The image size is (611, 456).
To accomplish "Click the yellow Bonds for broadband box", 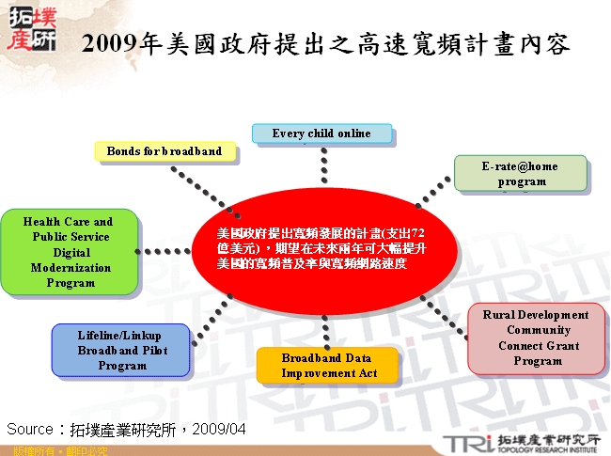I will click(164, 151).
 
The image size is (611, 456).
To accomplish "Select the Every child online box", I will click(321, 134).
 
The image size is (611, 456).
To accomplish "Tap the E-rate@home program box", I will click(521, 174).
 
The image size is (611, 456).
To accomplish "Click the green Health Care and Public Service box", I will click(70, 252).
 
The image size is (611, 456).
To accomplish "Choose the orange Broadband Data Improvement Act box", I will click(326, 366).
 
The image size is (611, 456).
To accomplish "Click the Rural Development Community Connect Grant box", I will click(537, 338).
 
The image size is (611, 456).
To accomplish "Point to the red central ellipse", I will click(324, 250).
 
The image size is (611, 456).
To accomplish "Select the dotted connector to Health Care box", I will click(166, 251).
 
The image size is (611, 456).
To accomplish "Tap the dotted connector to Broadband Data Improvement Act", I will click(324, 330).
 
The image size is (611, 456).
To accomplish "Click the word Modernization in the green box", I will click(70, 268).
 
